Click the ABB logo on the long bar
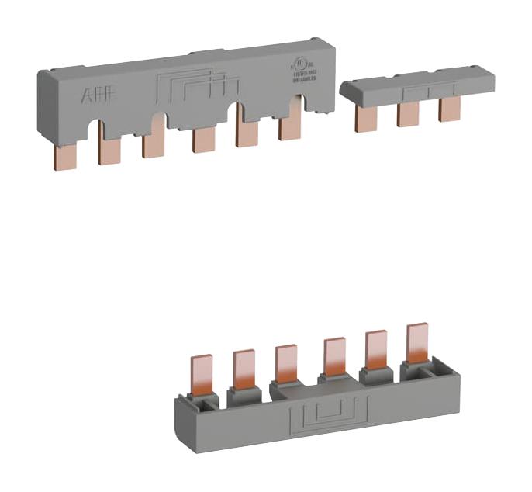[97, 96]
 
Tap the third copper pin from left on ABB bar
[153, 145]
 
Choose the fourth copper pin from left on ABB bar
[203, 140]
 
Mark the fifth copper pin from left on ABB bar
[247, 133]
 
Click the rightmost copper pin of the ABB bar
[290, 127]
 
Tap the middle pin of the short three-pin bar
[408, 114]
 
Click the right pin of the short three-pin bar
[449, 109]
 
